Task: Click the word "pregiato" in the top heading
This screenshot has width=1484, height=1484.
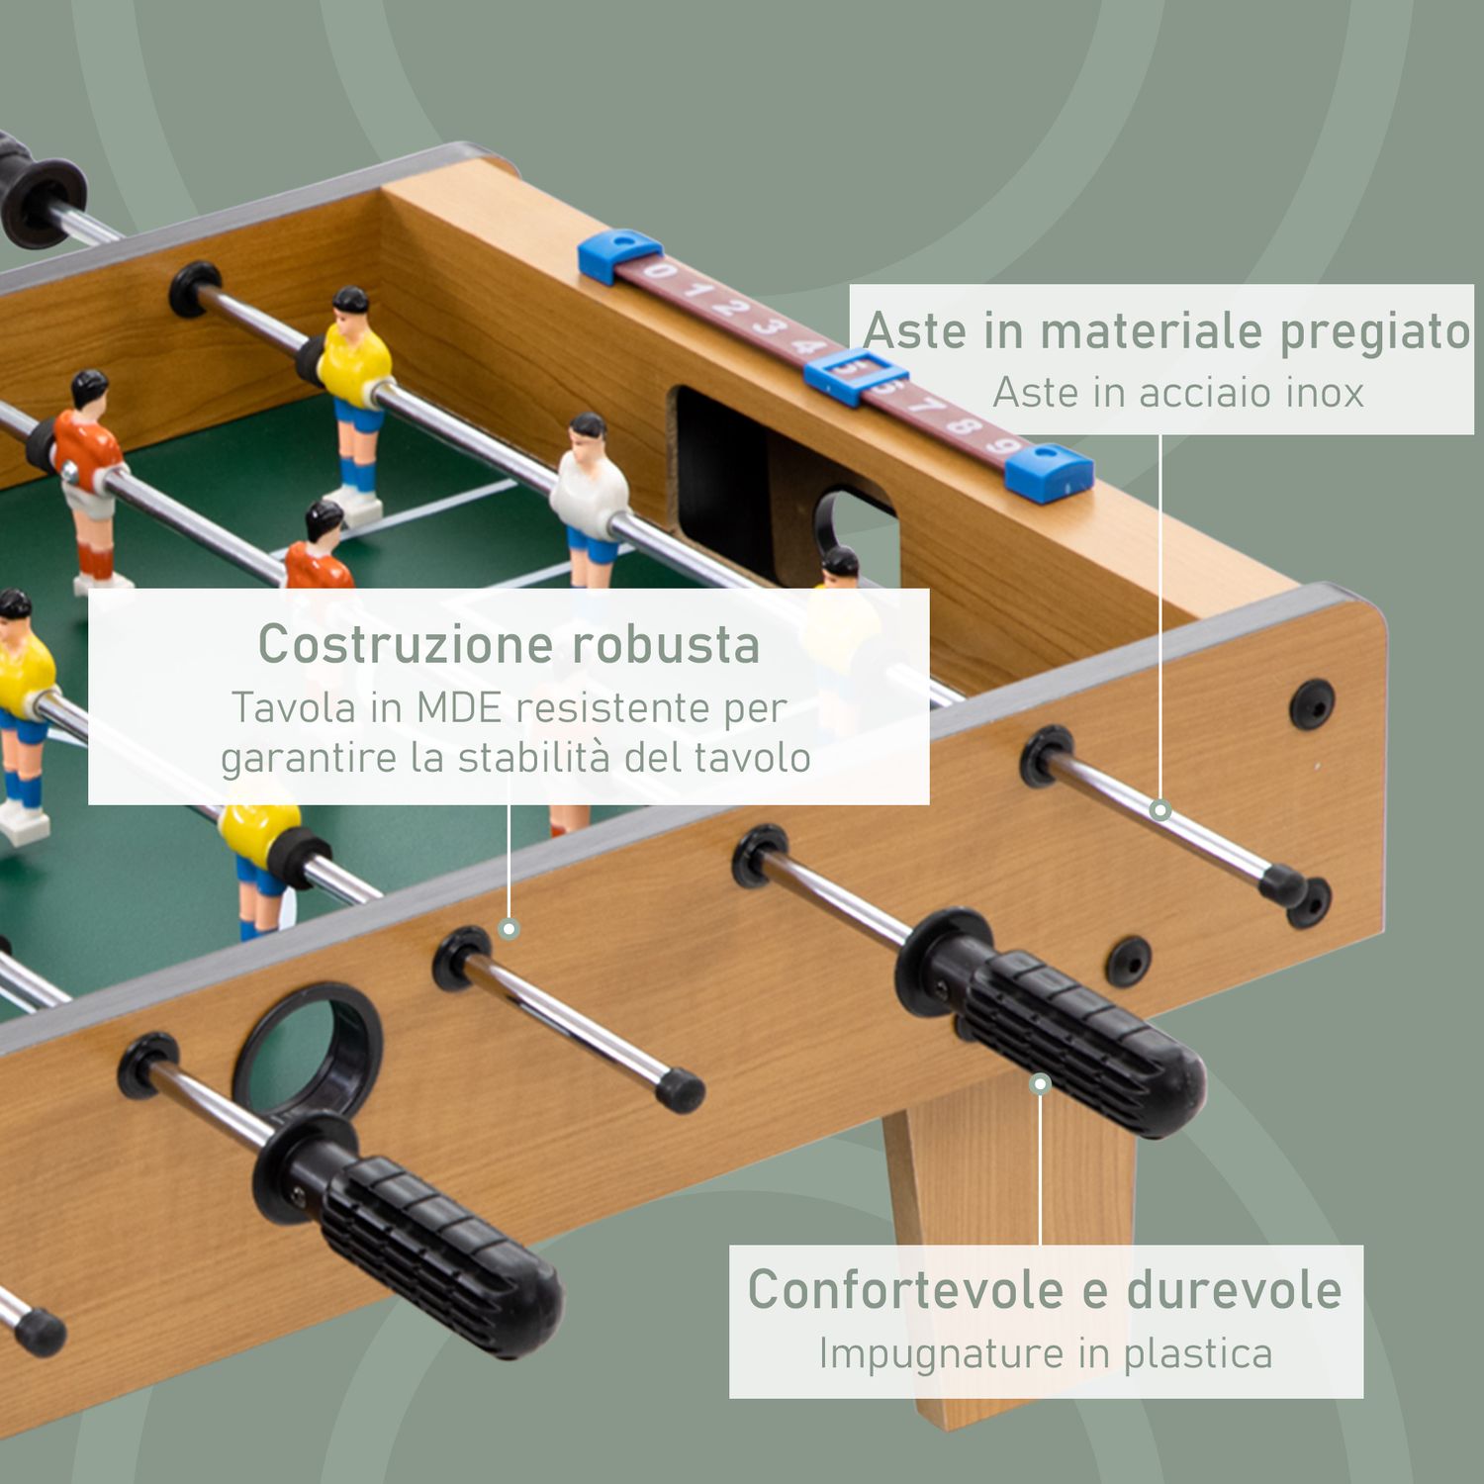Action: coord(1374,331)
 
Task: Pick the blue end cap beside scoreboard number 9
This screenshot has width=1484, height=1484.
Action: coord(1049,472)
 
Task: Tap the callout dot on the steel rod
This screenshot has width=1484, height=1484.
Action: coord(1160,810)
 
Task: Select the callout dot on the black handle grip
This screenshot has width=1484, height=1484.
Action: coord(1040,1084)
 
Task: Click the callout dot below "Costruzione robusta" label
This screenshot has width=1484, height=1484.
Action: coord(509,928)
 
